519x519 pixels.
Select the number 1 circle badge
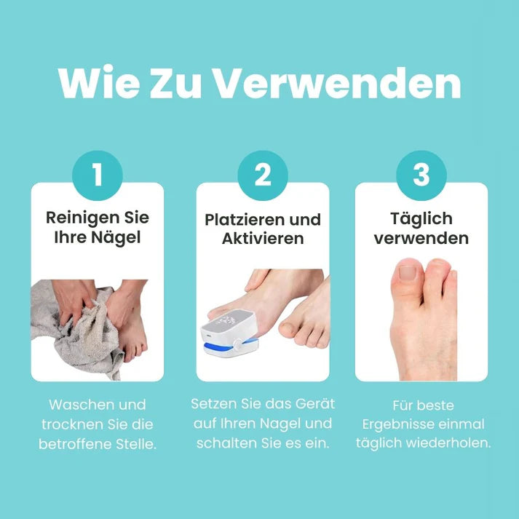pyautogui.click(x=97, y=175)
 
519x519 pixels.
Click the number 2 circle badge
pyautogui.click(x=263, y=175)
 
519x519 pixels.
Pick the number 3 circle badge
pyautogui.click(x=421, y=175)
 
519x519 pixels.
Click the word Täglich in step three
pyautogui.click(x=421, y=218)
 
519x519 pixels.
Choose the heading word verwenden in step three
pyautogui.click(x=421, y=238)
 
